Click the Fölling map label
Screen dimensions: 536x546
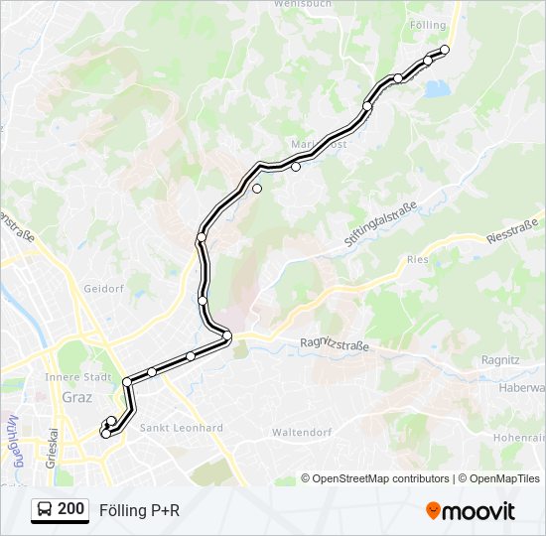tap(426, 23)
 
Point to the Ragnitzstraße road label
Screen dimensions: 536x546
tap(334, 344)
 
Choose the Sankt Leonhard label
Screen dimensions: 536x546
tap(181, 428)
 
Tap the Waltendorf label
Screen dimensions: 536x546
tap(300, 432)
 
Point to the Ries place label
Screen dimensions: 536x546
tap(416, 259)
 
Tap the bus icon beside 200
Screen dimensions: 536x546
tap(44, 510)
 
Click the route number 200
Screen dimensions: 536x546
tap(70, 509)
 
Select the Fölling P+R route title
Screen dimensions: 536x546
tap(140, 510)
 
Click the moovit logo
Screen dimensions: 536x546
tap(470, 510)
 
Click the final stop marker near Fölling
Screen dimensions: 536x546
tap(445, 50)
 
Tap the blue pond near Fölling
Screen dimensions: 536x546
tap(437, 89)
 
